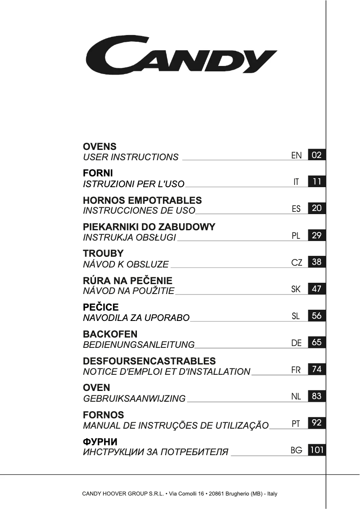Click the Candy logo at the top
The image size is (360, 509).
pos(181,56)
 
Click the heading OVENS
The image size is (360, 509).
pos(100,147)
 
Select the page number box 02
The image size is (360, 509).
pos(317,155)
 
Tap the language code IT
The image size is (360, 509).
pos(296,182)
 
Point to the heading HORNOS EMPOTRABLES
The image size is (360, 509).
pos(142,200)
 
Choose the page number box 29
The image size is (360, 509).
pos(317,235)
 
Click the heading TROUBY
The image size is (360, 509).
pos(103,254)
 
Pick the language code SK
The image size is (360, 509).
pos(296,289)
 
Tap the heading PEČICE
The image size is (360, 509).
pos(101,307)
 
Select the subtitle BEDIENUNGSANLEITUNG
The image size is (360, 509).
pos(139,345)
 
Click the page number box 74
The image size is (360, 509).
pos(317,369)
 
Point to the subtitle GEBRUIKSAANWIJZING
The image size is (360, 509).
pos(134,399)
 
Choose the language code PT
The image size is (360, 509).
pos(296,423)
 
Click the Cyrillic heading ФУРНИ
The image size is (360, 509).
pos(100,441)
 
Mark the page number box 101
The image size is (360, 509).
pos(317,450)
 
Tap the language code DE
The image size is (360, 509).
pos(296,343)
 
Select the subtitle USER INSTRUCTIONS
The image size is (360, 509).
pos(131,157)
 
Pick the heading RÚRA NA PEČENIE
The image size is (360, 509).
pos(127,281)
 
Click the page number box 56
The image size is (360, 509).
pos(317,316)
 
